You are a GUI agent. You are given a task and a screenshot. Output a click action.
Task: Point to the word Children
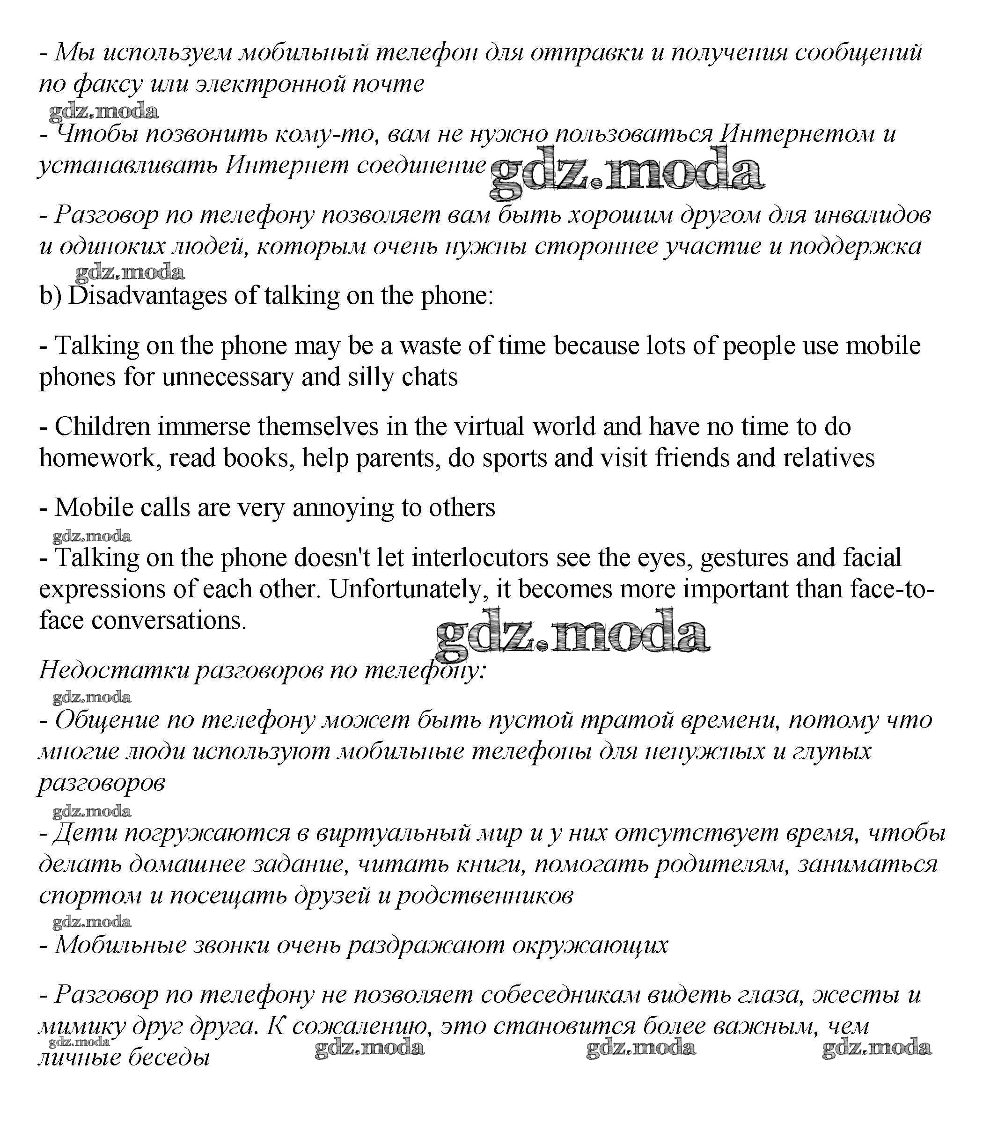point(102,427)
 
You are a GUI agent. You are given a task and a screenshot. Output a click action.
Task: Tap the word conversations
point(168,621)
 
